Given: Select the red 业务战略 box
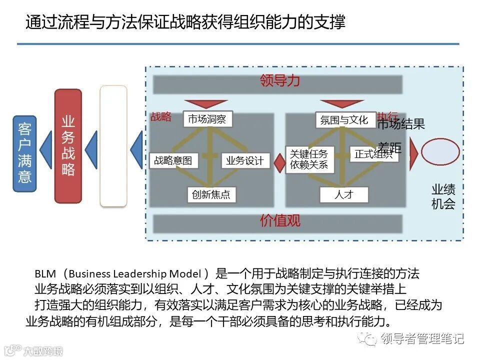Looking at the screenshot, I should click(68, 146).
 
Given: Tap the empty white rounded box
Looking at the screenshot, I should click(113, 146).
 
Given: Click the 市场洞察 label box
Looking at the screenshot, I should click(207, 119).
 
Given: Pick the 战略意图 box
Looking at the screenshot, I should click(173, 160).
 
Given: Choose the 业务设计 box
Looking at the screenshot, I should click(245, 160).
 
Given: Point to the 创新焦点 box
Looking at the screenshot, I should click(211, 195).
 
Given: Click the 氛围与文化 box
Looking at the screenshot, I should click(344, 120).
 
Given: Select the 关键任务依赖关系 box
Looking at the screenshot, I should click(309, 159).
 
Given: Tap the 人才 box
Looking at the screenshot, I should click(344, 195).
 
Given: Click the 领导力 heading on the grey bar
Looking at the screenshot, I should click(280, 81).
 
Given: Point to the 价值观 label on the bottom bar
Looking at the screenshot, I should click(280, 220).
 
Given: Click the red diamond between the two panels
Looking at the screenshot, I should click(279, 164).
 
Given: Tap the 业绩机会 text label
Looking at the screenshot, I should click(443, 196).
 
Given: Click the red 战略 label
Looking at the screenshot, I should click(161, 117).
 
